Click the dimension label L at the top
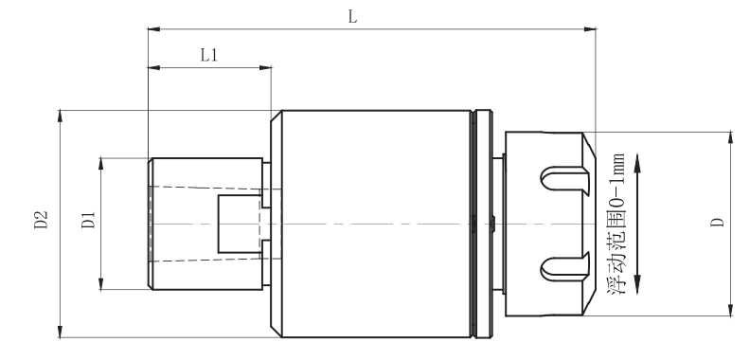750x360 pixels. (x=352, y=17)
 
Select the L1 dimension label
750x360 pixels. (x=209, y=56)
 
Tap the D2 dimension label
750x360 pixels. (x=41, y=220)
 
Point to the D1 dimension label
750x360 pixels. (x=88, y=220)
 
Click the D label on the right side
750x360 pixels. (x=717, y=222)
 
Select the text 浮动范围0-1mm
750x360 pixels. (x=617, y=224)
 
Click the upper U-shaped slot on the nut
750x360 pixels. (x=565, y=178)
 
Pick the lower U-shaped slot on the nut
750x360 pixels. (x=565, y=269)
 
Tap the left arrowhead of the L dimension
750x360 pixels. (x=153, y=29)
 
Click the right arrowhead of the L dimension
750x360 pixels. (x=590, y=29)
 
